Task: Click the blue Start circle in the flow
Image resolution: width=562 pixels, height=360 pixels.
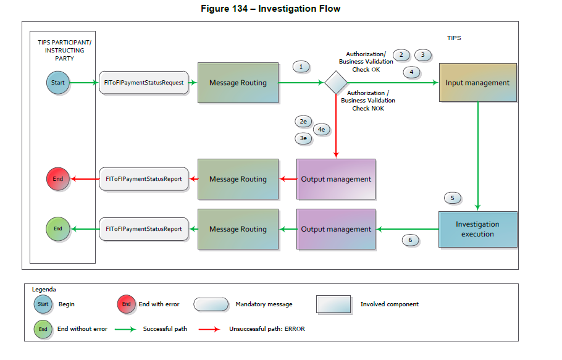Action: pos(57,82)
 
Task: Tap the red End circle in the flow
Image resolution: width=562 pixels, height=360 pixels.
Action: pos(57,179)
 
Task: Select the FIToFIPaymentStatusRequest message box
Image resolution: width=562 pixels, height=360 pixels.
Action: pos(143,83)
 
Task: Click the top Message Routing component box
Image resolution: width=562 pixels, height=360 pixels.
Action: pos(237,83)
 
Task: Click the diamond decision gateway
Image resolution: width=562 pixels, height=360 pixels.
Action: pos(336,82)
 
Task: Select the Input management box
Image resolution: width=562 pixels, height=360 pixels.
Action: pos(477,83)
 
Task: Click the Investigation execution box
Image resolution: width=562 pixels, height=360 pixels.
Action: pos(477,229)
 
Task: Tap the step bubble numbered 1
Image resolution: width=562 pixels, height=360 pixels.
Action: pos(301,67)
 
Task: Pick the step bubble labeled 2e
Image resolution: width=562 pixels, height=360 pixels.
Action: pos(303,122)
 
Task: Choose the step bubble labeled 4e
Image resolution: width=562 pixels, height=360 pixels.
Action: pos(321,129)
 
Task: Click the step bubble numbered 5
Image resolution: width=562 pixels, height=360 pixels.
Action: pos(453,198)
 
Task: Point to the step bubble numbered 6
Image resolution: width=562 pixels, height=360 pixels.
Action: pos(410,240)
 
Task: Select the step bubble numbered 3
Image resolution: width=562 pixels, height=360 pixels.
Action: pos(422,55)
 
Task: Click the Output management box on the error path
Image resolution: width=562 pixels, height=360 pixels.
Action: pos(336,179)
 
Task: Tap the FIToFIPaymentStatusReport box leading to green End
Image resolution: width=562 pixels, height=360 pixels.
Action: pos(143,229)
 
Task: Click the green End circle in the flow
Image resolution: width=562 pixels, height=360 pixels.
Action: pos(57,229)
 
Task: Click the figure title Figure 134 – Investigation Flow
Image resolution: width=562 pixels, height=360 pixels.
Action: pos(271,9)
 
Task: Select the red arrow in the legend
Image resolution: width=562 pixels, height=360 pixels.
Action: pos(209,329)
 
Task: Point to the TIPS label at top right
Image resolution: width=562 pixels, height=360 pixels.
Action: pos(454,38)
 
